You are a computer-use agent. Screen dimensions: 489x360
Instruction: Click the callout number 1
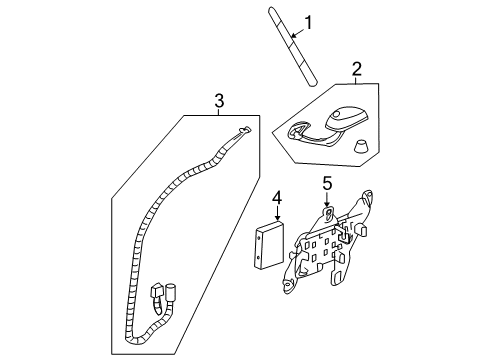coord(309,23)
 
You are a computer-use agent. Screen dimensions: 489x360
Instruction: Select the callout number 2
coord(356,69)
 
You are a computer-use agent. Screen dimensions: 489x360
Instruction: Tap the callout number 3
coord(219,100)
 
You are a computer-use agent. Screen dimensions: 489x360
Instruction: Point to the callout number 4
coord(277,198)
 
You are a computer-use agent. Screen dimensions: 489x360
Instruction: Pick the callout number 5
coord(327,183)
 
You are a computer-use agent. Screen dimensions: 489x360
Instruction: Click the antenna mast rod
coord(292,47)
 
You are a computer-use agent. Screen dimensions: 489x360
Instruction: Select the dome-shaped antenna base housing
coord(347,119)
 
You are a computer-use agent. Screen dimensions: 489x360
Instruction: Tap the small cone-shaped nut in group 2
coord(361,147)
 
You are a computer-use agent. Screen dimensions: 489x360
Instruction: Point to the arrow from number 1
coord(298,33)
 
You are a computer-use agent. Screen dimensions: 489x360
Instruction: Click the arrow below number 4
coord(277,213)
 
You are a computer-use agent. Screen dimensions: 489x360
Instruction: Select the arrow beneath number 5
coord(327,199)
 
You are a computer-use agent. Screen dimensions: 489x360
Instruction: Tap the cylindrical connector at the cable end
coord(171,293)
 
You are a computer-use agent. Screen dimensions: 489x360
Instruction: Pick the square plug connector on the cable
coord(157,291)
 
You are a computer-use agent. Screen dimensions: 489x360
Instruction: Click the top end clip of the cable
coord(246,130)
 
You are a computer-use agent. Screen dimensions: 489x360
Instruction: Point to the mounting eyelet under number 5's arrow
coord(329,213)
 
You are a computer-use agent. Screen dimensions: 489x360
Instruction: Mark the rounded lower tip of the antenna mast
coord(312,84)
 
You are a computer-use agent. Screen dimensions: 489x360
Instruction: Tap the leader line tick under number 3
coord(219,112)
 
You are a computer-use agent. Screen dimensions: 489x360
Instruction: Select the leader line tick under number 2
coord(356,80)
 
